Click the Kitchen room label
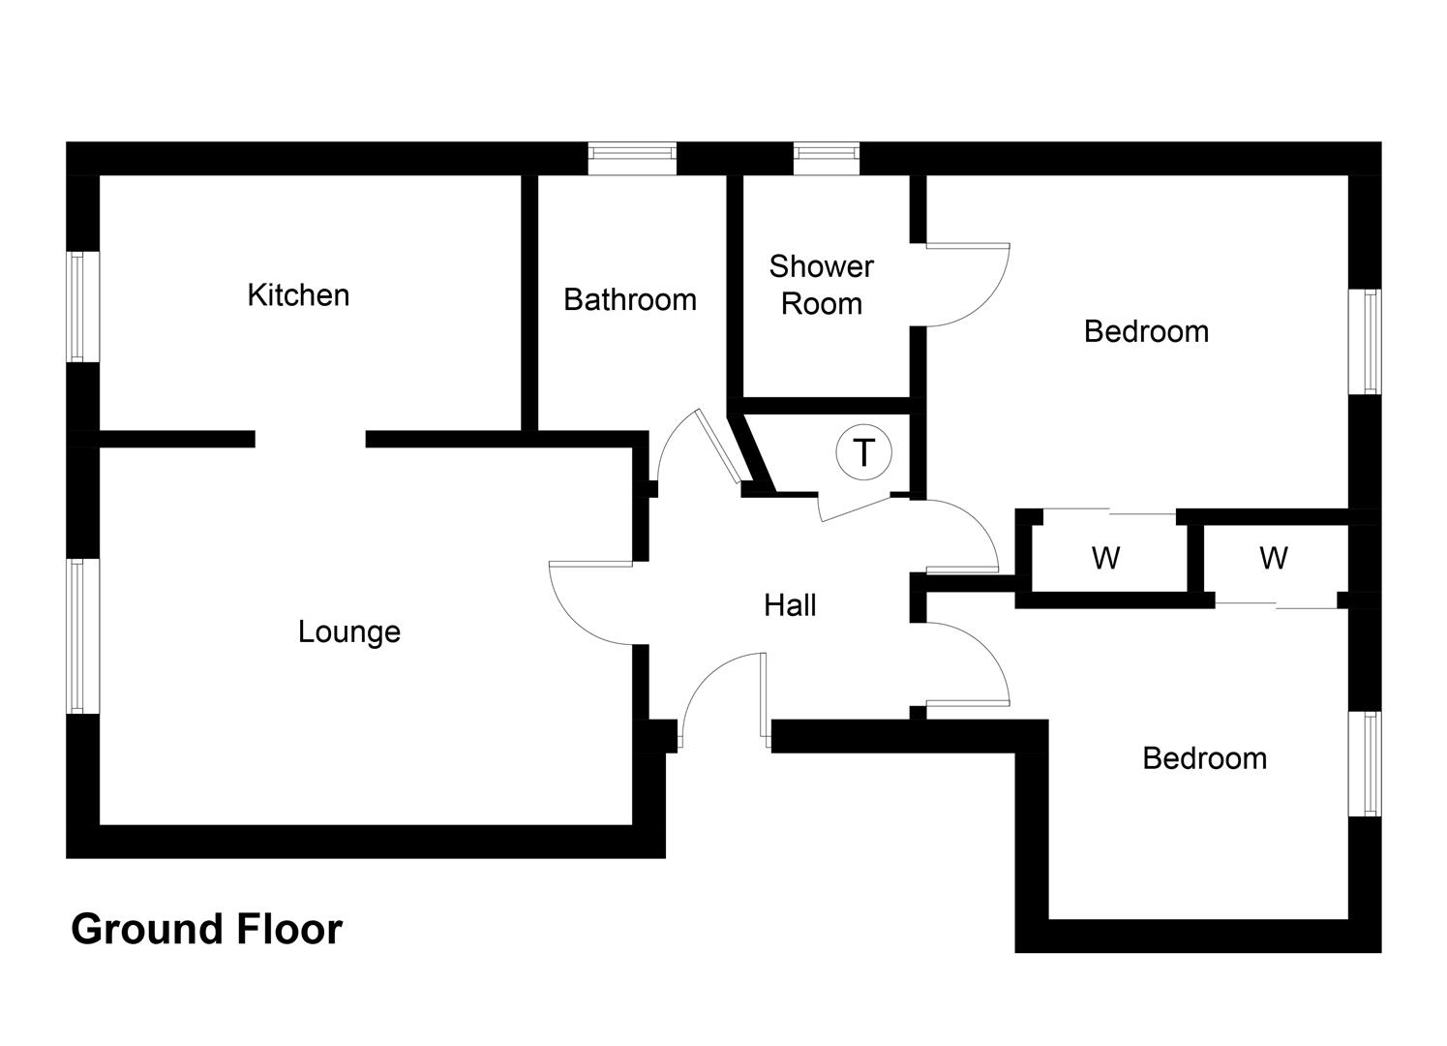(x=298, y=295)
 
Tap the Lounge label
(x=349, y=632)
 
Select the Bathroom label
(x=630, y=300)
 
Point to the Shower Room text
(x=822, y=285)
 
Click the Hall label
(x=790, y=605)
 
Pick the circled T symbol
(x=863, y=452)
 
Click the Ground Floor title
(x=207, y=929)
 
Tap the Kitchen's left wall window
(x=77, y=306)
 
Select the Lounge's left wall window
(x=77, y=636)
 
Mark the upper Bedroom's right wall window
(x=1365, y=341)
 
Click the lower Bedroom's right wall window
(x=1365, y=764)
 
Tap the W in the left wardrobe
(x=1105, y=558)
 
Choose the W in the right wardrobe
(x=1273, y=558)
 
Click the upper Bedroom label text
(x=1147, y=331)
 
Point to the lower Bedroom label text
(x=1205, y=758)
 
